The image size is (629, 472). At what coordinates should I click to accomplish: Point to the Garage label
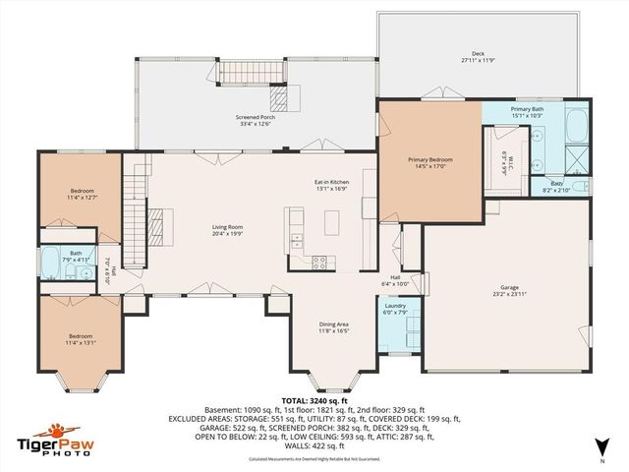pos(507,288)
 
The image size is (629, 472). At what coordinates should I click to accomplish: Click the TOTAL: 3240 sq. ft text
pos(314,401)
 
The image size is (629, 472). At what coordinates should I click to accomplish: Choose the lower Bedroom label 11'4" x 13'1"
pos(81,337)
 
